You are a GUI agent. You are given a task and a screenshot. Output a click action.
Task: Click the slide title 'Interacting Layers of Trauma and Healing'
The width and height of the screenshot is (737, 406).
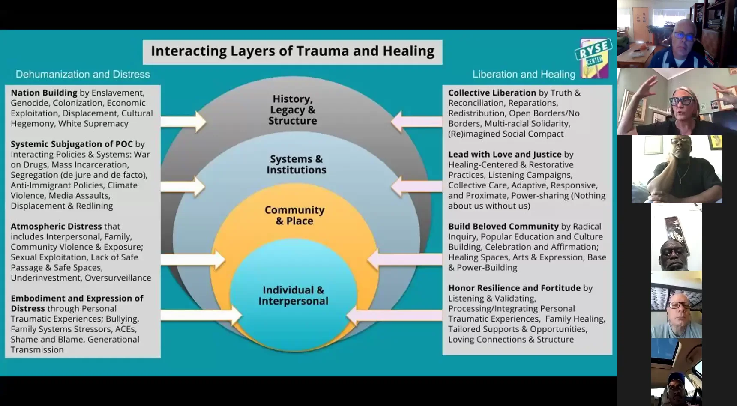292,51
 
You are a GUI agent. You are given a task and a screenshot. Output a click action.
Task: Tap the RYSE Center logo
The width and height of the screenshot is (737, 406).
593,58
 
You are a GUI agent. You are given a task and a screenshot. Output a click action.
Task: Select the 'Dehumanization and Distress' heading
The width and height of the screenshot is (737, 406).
83,74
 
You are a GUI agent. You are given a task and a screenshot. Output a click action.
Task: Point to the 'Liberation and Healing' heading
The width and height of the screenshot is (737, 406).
524,74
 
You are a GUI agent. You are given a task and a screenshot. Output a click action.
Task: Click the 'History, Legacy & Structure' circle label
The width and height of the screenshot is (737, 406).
293,110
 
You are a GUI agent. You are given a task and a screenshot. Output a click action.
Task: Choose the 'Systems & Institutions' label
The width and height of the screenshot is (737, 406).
296,164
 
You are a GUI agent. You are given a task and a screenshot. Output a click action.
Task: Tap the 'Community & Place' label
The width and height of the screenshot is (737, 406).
294,215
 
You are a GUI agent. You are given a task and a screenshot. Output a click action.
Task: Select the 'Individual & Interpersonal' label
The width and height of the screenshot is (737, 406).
293,295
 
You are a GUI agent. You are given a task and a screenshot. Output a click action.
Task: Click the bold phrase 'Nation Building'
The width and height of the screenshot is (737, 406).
44,93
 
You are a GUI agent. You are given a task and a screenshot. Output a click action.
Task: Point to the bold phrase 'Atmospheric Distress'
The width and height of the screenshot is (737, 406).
56,226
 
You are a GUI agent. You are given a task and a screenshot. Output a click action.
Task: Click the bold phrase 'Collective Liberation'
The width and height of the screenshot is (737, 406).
492,93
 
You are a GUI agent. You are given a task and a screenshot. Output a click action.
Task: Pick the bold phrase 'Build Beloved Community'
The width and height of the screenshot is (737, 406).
503,226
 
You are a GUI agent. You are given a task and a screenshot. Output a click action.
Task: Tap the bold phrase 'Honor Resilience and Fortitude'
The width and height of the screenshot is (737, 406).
514,288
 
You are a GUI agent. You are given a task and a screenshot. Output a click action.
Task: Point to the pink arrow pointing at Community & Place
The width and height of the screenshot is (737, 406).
405,259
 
